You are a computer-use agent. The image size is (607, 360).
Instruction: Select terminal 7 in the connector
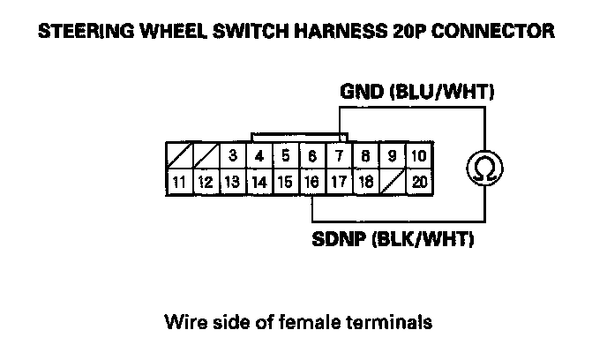339,157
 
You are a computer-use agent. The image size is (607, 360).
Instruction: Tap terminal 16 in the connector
311,183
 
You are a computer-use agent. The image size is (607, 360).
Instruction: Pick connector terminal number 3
232,157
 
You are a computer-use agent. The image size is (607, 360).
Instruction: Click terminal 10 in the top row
418,157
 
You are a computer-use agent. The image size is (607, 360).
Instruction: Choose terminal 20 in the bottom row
418,183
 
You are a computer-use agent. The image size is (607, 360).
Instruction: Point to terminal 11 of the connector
179,183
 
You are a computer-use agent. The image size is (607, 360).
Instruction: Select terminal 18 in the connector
365,183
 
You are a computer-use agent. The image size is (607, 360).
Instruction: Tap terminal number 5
286,157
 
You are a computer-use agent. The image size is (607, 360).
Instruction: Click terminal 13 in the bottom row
232,183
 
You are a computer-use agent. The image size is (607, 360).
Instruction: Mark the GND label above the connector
362,91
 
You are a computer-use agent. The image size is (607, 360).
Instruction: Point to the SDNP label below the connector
338,238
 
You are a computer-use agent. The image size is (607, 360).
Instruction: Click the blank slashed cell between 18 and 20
392,183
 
